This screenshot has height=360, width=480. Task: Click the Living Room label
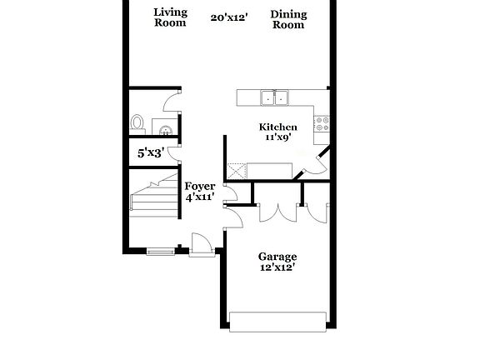coord(171,18)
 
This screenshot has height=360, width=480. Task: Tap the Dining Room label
coord(288,19)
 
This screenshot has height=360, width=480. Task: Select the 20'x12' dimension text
coord(228,17)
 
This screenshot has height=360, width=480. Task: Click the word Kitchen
coord(277,127)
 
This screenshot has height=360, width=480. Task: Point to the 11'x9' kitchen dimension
coord(277,138)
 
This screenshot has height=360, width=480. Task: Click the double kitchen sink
coord(274,98)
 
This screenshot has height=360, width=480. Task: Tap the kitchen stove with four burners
coord(321,124)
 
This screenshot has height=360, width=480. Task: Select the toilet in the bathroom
coord(138,123)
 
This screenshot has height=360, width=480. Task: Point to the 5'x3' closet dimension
coord(151,152)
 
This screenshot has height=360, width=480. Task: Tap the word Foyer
coord(200,187)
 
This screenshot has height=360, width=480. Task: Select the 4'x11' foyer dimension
coord(200,198)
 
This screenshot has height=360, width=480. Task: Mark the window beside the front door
coord(160,249)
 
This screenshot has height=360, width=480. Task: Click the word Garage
coord(277,257)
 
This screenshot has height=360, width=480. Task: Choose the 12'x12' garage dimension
coord(277,268)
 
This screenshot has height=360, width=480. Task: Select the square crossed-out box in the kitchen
coord(237,172)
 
